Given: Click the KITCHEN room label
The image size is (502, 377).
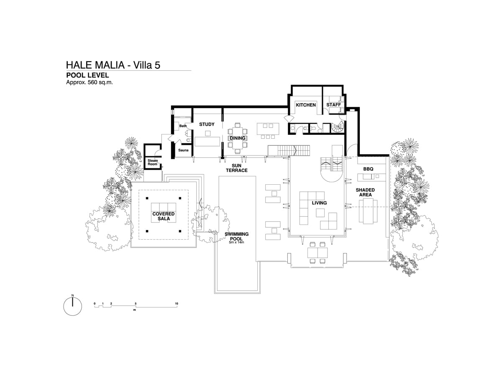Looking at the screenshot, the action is [305, 105].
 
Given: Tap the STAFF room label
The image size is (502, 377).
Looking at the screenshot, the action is [333, 105].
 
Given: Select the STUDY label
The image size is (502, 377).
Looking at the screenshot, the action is [207, 124].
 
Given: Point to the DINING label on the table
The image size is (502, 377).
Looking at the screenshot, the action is [237, 138].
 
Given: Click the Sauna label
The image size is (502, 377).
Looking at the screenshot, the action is [183, 150].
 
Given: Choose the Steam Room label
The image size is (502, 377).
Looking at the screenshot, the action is [153, 162].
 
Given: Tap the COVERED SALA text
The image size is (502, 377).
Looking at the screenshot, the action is [164, 216].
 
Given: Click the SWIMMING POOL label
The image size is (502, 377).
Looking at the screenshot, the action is [236, 236].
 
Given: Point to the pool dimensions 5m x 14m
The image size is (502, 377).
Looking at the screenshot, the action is [236, 242].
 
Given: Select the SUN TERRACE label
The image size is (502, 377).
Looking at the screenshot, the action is [237, 168].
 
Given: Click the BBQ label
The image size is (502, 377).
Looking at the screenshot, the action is [368, 169].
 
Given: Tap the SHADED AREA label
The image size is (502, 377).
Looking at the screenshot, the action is [365, 192].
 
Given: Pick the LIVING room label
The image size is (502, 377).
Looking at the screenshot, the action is [319, 203].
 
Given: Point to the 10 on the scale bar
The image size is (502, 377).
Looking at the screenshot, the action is [177, 304].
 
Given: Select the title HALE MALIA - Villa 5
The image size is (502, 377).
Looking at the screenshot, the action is [113, 65].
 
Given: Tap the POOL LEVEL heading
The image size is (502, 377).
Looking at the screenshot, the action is [87, 75].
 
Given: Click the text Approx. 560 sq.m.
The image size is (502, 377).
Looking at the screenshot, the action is [90, 83].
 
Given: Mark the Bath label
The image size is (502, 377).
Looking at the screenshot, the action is [183, 126].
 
